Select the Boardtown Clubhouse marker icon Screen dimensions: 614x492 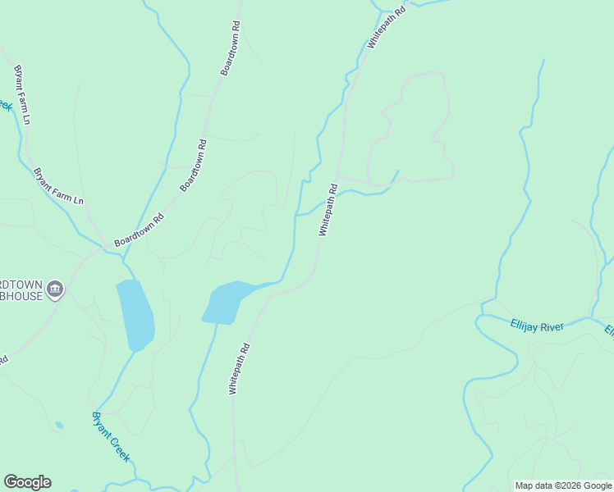(55, 288)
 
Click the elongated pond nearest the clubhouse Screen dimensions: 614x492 (135, 315)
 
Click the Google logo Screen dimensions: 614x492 (27, 482)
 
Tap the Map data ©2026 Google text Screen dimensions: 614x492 (563, 485)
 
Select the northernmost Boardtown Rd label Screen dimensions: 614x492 (230, 48)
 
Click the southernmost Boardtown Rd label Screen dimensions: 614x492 (140, 230)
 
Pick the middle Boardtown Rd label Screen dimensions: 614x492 (193, 165)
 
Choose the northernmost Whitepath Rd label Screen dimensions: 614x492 (387, 29)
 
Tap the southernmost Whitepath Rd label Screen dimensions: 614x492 (239, 370)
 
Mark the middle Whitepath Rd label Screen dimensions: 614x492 (328, 210)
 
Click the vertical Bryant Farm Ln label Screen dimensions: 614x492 (21, 95)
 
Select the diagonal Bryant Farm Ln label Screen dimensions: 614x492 (58, 187)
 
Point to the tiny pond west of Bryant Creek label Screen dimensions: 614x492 (59, 425)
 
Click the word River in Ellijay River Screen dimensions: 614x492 (552, 326)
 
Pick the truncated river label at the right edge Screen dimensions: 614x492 (609, 331)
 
